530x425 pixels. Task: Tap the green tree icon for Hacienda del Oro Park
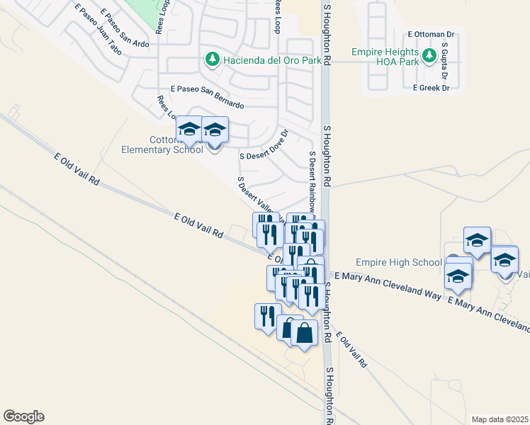click(x=211, y=59)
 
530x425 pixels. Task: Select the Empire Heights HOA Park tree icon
click(x=428, y=55)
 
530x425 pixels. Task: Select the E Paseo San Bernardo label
click(x=207, y=97)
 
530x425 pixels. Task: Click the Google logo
click(x=23, y=416)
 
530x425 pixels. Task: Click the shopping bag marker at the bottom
click(x=304, y=333)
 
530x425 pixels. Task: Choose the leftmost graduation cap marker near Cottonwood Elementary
click(x=189, y=130)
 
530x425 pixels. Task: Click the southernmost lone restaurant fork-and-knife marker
click(x=267, y=315)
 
